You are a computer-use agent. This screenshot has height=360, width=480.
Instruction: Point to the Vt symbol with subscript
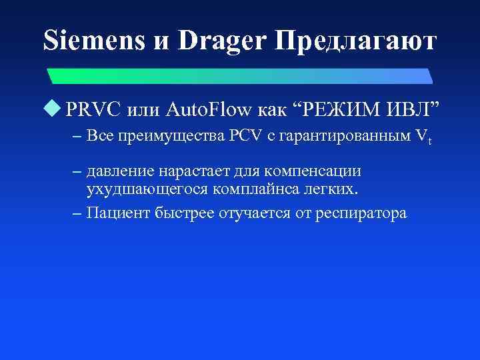coord(424,139)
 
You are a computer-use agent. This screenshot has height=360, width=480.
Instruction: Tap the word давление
coord(122,172)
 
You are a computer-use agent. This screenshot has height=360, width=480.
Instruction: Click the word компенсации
coord(324,172)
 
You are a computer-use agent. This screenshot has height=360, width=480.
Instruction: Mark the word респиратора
coord(361,214)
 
